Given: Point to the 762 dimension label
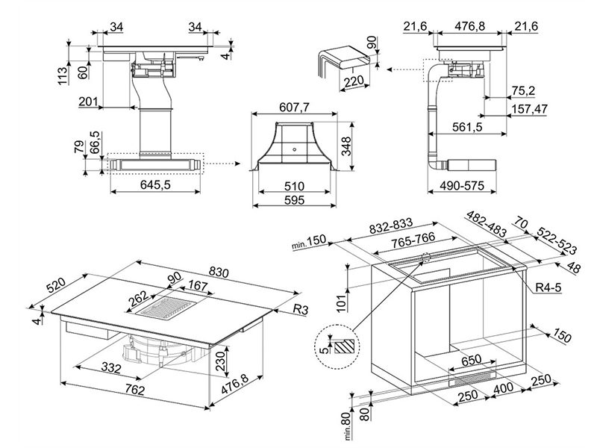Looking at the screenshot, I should click(135, 390).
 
